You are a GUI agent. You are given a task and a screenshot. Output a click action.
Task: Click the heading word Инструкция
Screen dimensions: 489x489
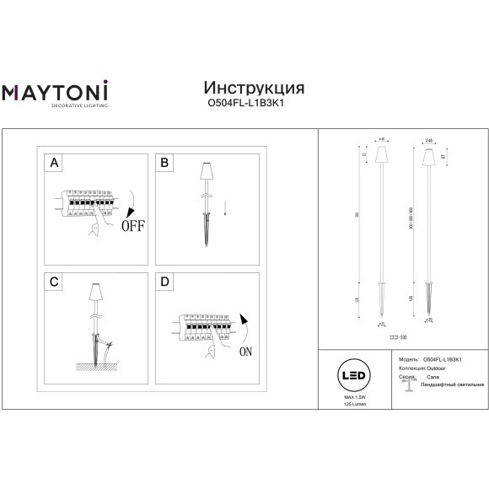click(255, 89)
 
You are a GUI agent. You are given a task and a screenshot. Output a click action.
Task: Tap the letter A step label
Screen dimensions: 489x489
click(55, 163)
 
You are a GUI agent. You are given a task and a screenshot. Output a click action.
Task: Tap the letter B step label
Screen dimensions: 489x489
click(164, 163)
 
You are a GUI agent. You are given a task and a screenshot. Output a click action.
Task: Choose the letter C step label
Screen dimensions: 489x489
click(55, 282)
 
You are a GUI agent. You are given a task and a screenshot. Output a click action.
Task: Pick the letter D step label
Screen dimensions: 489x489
click(164, 282)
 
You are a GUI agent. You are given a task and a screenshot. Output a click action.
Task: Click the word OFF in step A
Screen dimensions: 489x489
click(132, 225)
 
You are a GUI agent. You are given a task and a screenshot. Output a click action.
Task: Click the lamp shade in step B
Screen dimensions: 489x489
click(204, 172)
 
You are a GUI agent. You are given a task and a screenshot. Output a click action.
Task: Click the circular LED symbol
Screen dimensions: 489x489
click(354, 373)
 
